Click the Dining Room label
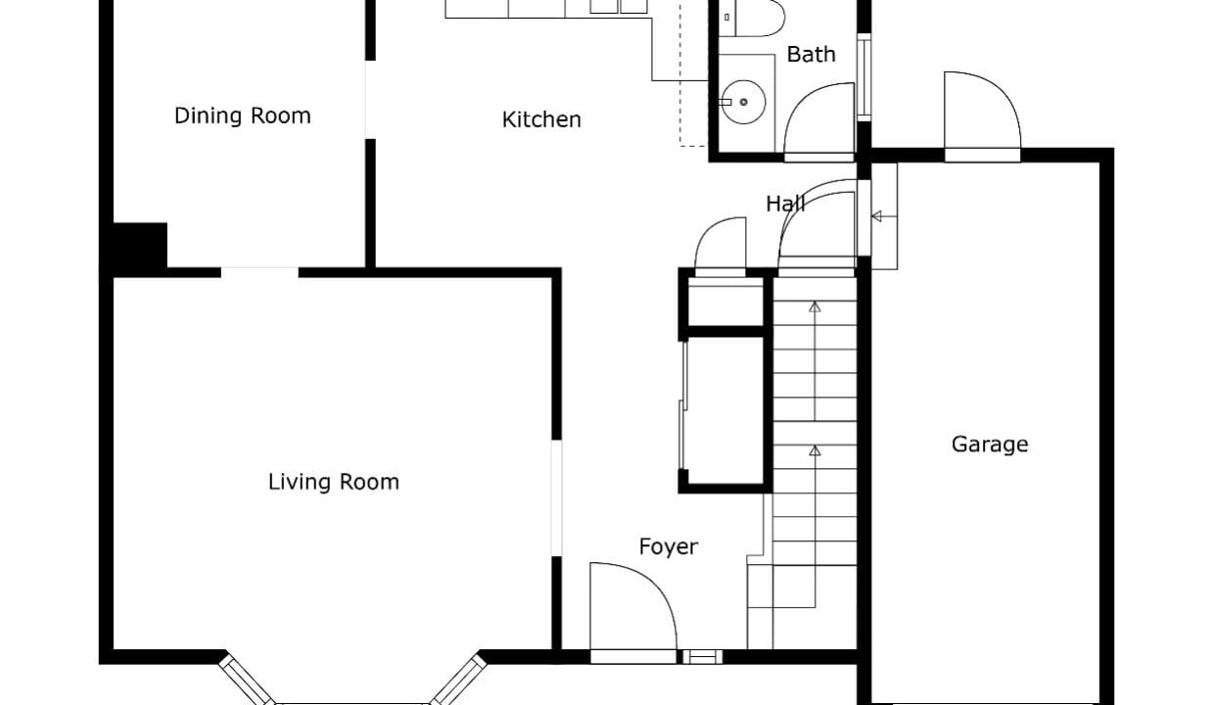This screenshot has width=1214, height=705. coord(242,116)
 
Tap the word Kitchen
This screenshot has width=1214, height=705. coord(541,119)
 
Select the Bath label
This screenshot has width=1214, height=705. coord(811,54)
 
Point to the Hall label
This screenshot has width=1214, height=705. coord(785,204)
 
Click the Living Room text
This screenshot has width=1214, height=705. coord(333,482)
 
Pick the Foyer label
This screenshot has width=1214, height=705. coord(669,546)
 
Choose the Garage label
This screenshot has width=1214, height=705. coord(990,445)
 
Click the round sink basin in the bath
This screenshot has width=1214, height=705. coord(744,102)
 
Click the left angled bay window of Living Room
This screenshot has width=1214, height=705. coord(247,681)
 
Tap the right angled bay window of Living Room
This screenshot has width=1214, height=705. coord(458,680)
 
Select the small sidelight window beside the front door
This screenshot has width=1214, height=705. coord(702,657)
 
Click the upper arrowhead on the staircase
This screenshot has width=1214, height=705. coord(815,307)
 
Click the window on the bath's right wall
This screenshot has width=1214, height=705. coord(864,77)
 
